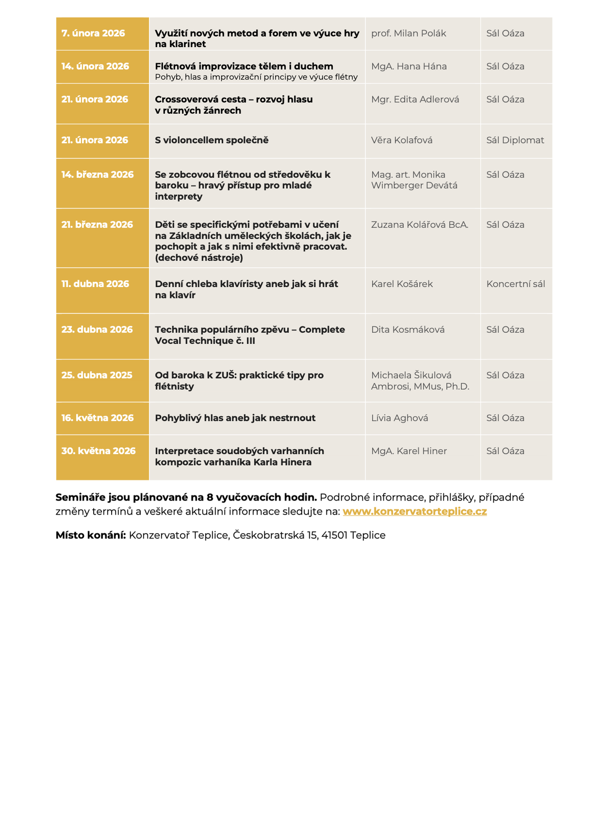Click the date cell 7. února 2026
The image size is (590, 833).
pyautogui.click(x=93, y=34)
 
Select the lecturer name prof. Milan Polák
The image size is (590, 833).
pyautogui.click(x=408, y=34)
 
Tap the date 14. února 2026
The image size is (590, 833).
pyautogui.click(x=95, y=67)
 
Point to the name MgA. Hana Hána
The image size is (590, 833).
pyautogui.click(x=409, y=67)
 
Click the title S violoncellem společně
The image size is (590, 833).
pyautogui.click(x=212, y=140)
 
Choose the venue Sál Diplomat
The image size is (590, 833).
pyautogui.click(x=515, y=140)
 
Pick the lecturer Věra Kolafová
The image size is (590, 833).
pyautogui.click(x=402, y=140)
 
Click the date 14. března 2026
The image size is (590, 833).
pyautogui.click(x=97, y=175)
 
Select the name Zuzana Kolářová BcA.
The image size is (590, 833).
pyautogui.click(x=420, y=225)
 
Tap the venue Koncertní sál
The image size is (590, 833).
pyautogui.click(x=516, y=284)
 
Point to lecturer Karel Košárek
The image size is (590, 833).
pyautogui.click(x=402, y=284)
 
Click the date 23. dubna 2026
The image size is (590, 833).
pyautogui.click(x=97, y=330)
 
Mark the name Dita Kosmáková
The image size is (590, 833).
pyautogui.click(x=408, y=330)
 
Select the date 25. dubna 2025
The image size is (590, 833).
pyautogui.click(x=97, y=376)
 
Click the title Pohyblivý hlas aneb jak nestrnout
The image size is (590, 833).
pyautogui.click(x=235, y=418)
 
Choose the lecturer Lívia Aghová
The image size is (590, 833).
pyautogui.click(x=400, y=418)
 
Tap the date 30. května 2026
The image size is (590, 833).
pyautogui.click(x=98, y=451)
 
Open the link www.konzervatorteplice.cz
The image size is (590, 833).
pyautogui.click(x=415, y=512)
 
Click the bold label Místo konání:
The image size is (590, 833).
pyautogui.click(x=91, y=536)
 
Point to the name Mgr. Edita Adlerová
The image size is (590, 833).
pyautogui.click(x=415, y=100)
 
